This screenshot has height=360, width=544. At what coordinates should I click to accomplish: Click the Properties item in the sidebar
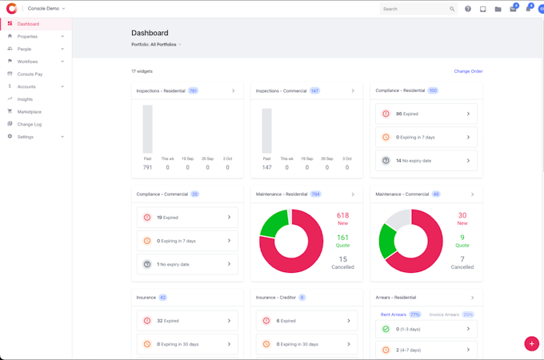point(27,36)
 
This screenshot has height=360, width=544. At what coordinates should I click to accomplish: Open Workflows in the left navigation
point(27,61)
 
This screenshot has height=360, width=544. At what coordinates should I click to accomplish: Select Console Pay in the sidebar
point(30,74)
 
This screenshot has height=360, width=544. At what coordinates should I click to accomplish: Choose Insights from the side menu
point(25,99)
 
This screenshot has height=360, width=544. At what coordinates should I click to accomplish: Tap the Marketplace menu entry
point(29,111)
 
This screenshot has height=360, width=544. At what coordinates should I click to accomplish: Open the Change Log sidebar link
point(29,124)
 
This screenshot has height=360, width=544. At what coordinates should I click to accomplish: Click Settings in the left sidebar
point(26,137)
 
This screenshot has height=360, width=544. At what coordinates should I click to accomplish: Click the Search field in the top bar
point(414,9)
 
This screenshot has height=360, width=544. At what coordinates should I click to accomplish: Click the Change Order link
point(468,71)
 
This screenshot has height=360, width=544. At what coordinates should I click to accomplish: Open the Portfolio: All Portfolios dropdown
point(156,45)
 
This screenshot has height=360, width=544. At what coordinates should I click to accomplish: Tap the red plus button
point(531,343)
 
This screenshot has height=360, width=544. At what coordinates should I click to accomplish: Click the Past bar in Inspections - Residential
point(147,129)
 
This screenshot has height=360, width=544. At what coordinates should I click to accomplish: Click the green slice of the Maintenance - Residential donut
point(273,222)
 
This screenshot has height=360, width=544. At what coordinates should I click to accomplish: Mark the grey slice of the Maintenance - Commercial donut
point(398,218)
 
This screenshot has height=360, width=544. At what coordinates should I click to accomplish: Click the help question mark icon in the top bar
point(468,9)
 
